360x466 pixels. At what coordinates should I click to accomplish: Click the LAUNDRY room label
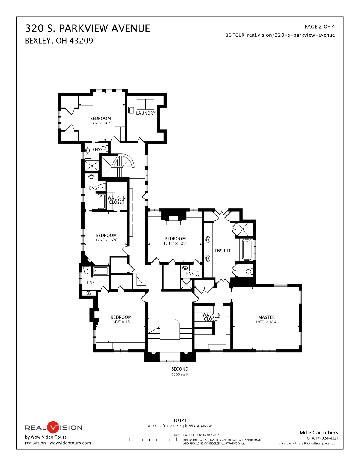point(146,113)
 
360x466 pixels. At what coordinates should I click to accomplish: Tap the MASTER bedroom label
point(266,317)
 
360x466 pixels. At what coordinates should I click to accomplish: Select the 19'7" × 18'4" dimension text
point(266,322)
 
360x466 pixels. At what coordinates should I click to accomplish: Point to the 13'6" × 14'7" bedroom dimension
point(100,123)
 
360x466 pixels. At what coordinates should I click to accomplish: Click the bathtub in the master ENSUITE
point(247,250)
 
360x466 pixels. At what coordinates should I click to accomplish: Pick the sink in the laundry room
point(131,110)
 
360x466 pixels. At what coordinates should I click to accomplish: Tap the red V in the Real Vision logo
point(53,427)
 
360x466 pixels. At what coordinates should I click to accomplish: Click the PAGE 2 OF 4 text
point(319,27)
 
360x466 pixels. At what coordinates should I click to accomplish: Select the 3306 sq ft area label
point(180,374)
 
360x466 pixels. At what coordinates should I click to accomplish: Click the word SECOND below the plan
point(180,369)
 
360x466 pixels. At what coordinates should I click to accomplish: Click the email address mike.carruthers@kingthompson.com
point(308,443)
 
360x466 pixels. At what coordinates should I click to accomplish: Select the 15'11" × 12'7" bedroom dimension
point(175,243)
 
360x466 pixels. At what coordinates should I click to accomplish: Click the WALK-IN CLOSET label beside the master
point(211,317)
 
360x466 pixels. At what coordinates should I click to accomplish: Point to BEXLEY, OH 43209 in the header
point(59,41)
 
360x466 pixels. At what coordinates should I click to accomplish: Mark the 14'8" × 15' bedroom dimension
point(121,322)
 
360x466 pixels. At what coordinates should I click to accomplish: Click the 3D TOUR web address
point(291,35)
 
